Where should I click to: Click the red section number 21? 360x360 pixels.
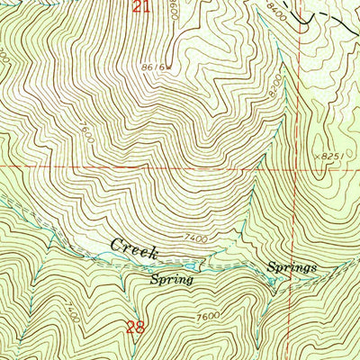[139, 7]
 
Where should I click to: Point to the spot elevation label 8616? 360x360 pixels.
[148, 67]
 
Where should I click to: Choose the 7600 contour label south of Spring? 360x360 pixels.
[209, 316]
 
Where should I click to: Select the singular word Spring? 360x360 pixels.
[172, 280]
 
